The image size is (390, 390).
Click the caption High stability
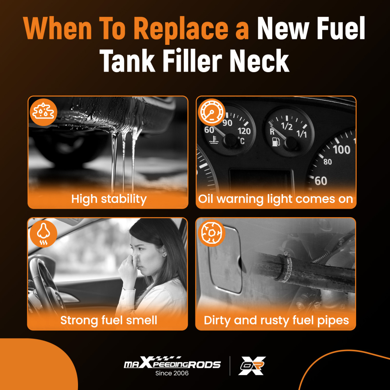109,199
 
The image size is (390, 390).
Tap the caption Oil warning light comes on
275,199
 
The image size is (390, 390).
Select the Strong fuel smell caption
108,321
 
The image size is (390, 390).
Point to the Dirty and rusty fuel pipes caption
276,321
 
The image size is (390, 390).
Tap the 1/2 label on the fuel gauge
287,126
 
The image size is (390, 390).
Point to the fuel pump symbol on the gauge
275,141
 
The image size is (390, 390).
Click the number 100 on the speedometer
341,149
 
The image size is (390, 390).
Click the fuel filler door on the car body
224,257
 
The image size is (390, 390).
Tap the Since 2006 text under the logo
172,373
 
